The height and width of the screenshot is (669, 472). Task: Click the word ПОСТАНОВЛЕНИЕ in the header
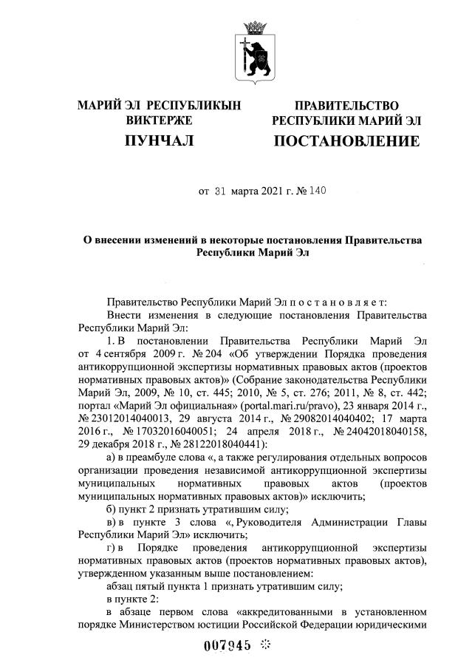point(346,140)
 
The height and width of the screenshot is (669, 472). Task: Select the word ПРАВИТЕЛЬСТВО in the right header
point(346,106)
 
